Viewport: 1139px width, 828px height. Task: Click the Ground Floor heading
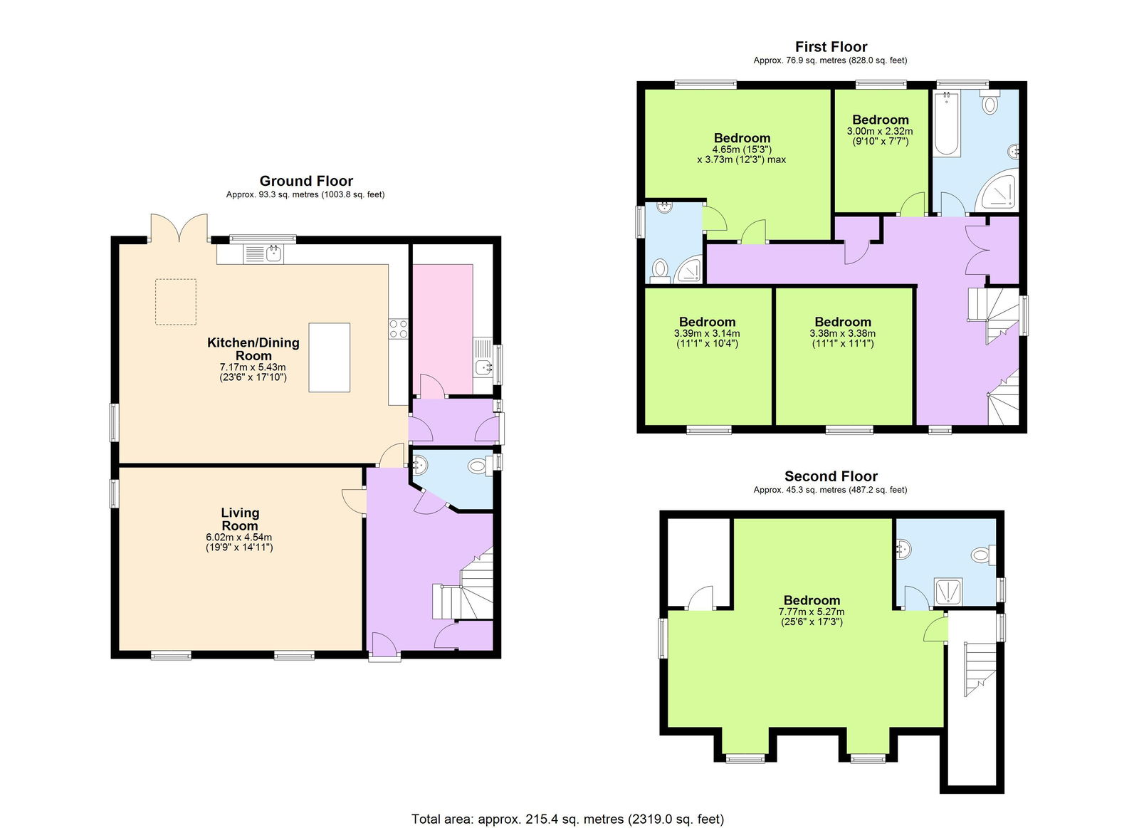click(x=306, y=181)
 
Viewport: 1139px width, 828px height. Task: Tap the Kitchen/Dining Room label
click(x=253, y=349)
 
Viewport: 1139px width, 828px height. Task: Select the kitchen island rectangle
click(x=329, y=357)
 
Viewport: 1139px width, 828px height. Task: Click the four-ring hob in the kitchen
click(x=398, y=328)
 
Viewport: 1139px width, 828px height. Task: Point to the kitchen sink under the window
click(x=263, y=253)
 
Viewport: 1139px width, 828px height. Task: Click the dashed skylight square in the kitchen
click(x=176, y=302)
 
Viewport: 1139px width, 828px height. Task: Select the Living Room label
click(x=240, y=519)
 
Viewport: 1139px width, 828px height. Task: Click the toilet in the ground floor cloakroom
click(x=478, y=467)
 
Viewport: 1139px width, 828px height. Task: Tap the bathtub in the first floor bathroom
click(x=947, y=124)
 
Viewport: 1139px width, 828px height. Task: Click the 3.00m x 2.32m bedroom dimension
click(x=880, y=132)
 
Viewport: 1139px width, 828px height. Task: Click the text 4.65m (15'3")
click(x=742, y=150)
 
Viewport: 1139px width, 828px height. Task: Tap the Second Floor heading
click(x=831, y=476)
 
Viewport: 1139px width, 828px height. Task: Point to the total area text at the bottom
click(x=567, y=819)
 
